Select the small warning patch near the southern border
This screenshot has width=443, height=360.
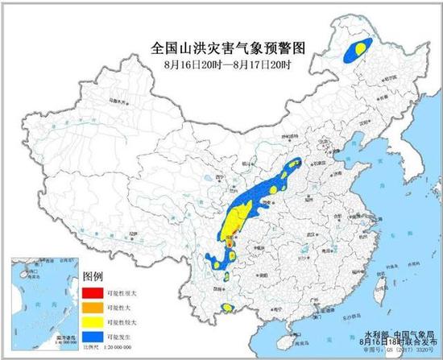(229, 307)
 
